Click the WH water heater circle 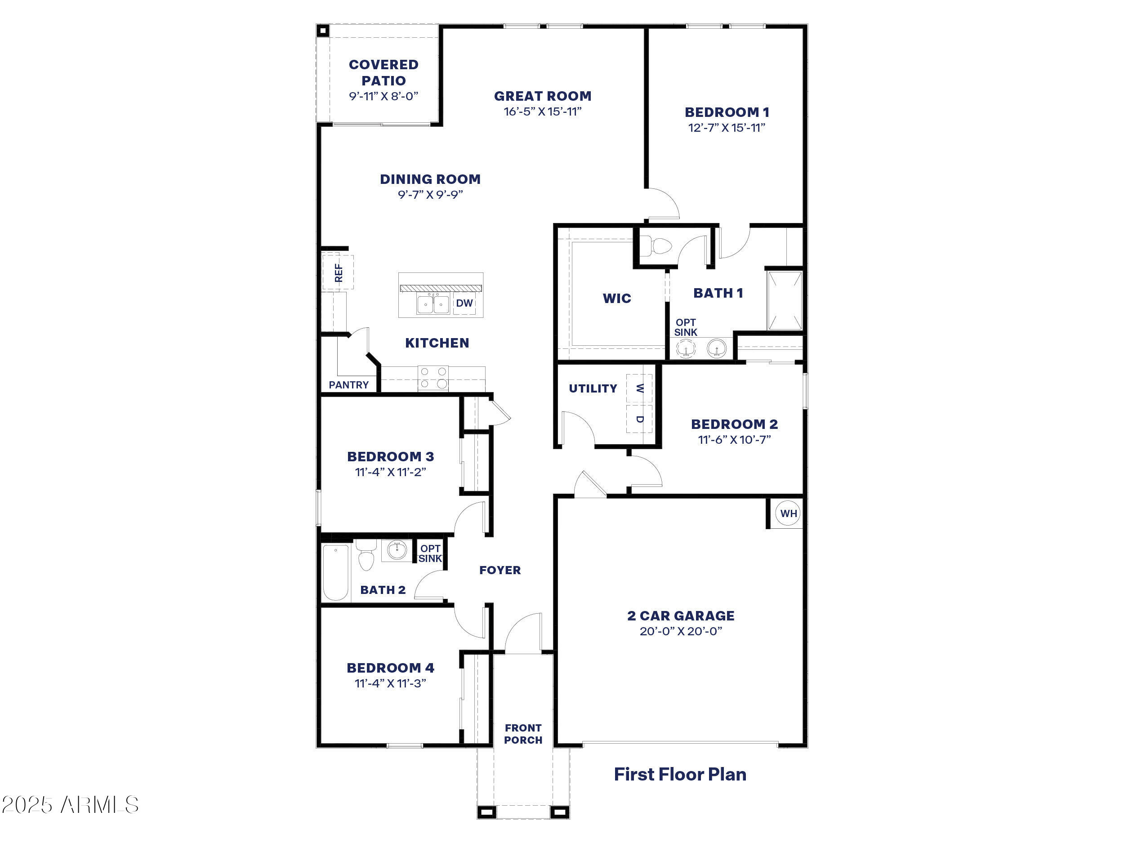788,513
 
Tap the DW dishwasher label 464,303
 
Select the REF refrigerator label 339,273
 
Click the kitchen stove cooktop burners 433,378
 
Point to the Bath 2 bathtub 336,572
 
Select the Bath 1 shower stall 785,301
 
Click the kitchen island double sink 433,304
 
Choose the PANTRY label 348,385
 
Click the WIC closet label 617,298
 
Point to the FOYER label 500,570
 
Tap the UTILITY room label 593,388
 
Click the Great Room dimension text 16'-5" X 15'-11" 543,112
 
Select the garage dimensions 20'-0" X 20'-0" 681,631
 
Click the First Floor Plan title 680,774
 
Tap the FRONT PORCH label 523,734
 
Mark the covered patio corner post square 323,31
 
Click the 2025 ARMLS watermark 70,805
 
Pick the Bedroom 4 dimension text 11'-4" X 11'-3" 390,683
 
